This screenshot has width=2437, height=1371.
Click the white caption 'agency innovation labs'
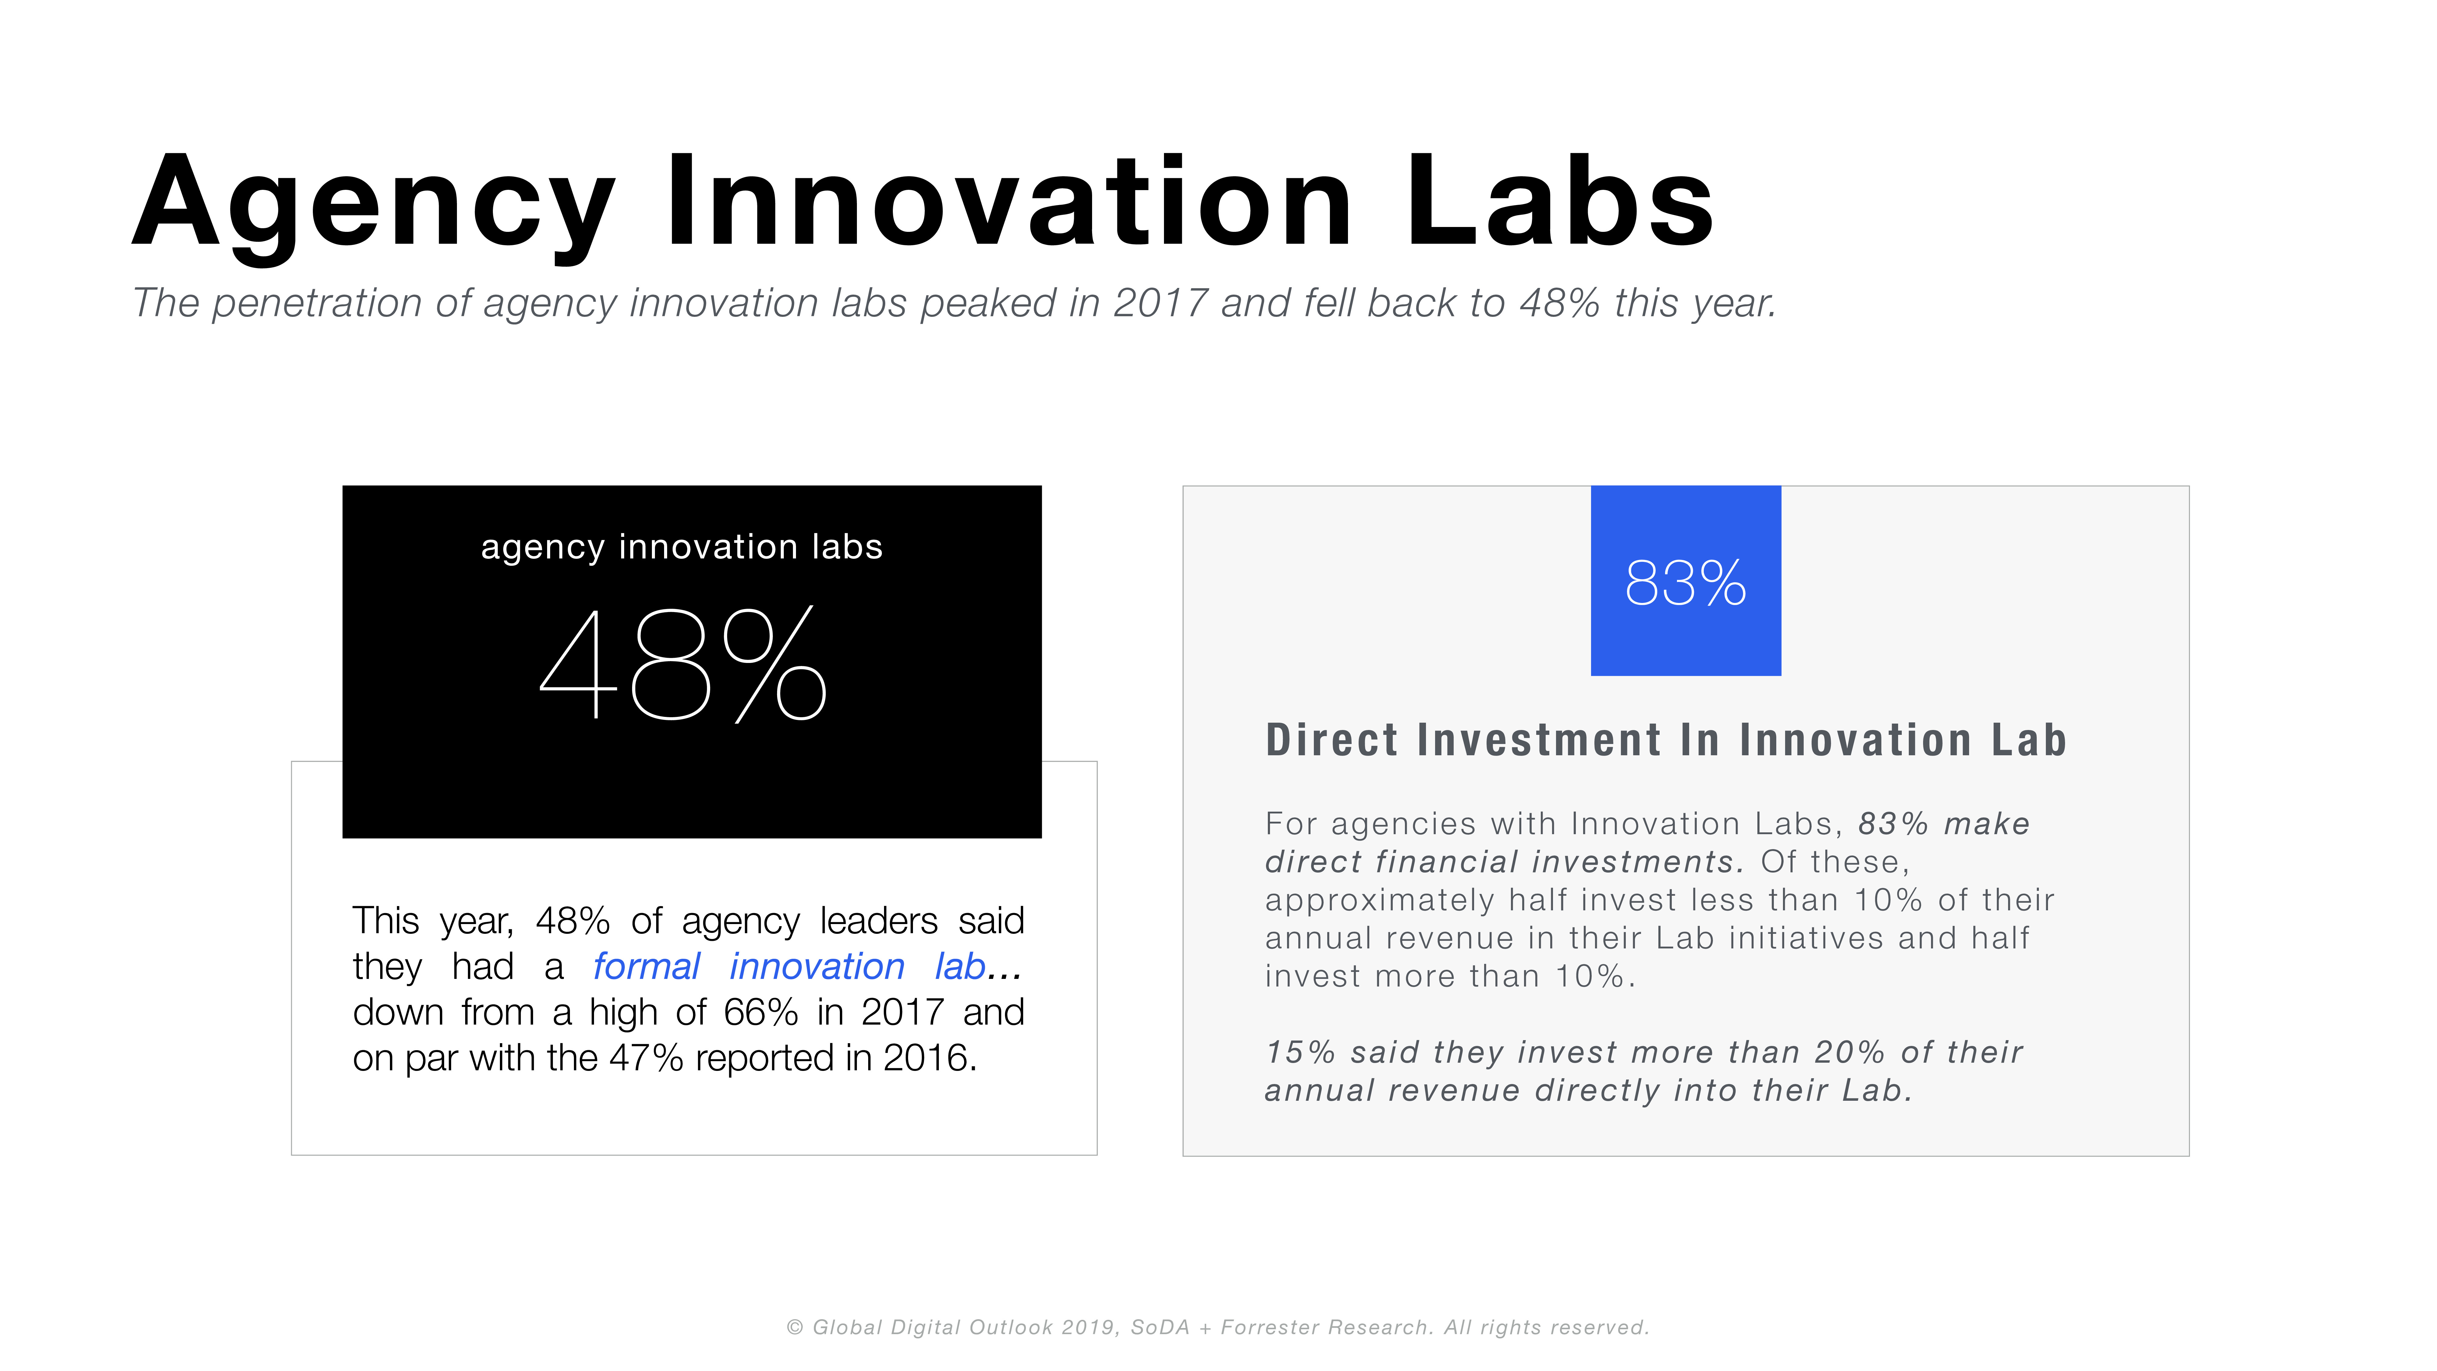(x=681, y=548)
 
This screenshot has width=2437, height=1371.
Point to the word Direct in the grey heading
(x=1331, y=740)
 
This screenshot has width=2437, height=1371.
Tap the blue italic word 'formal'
(x=646, y=967)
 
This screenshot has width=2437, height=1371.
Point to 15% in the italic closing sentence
(x=1301, y=1052)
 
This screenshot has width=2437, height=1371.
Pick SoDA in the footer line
(x=1160, y=1327)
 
